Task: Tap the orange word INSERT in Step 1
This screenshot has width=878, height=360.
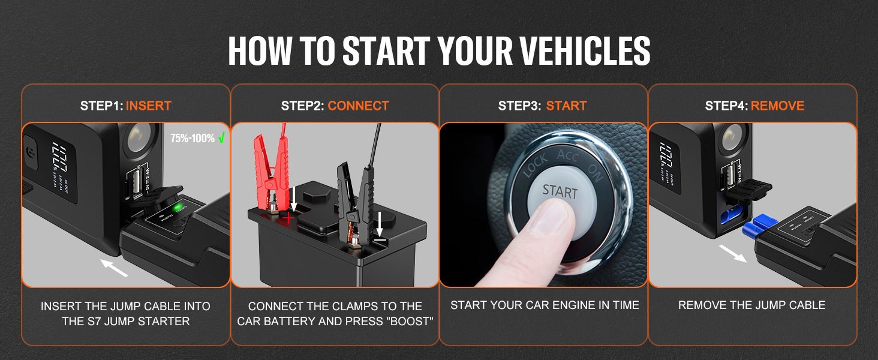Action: [149, 106]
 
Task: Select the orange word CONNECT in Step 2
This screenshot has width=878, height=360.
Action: [359, 106]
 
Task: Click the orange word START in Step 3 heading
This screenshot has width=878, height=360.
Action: [566, 106]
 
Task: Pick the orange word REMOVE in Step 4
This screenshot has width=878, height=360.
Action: [777, 106]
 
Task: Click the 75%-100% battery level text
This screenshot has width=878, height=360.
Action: [193, 139]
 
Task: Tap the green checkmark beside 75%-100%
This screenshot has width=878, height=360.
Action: [221, 138]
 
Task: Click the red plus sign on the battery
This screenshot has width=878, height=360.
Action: [288, 219]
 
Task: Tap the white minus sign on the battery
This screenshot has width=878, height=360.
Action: [380, 240]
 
